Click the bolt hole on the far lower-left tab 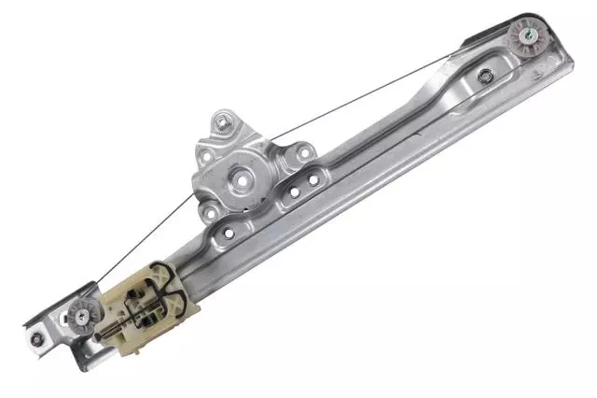point(36,338)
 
